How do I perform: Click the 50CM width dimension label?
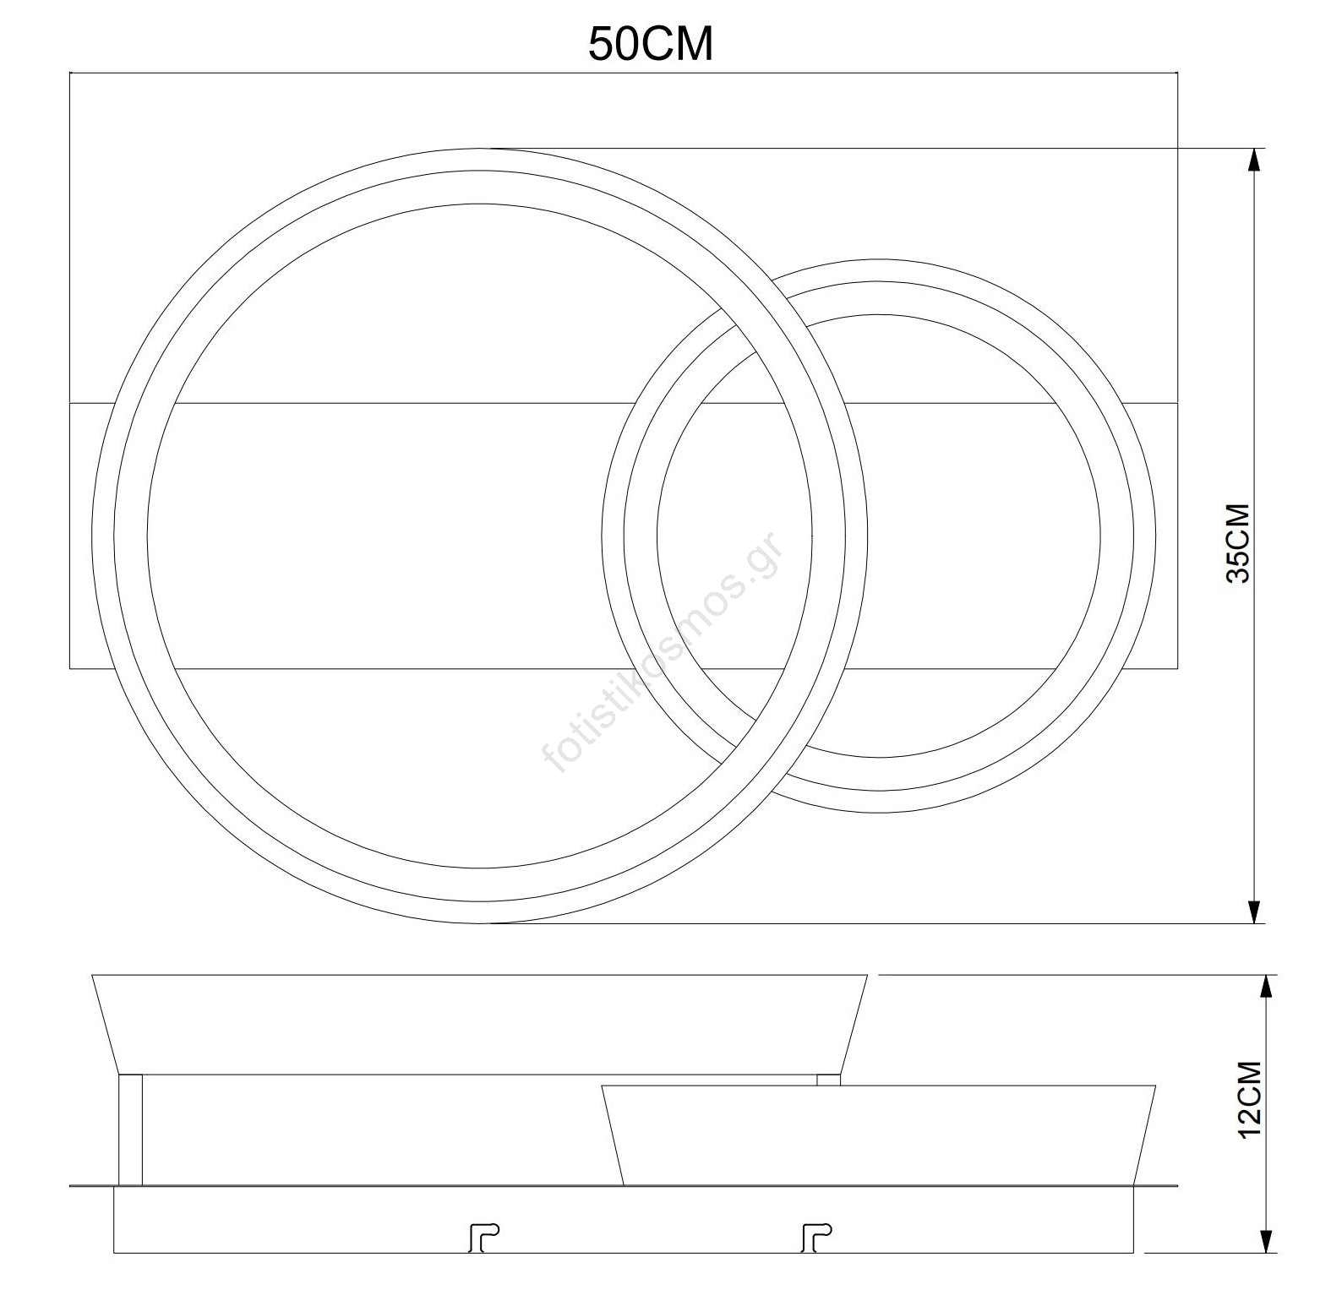(x=651, y=44)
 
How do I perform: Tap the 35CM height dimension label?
(x=1238, y=543)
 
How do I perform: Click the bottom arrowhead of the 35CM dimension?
(x=1255, y=911)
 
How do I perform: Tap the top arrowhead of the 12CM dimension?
(x=1266, y=988)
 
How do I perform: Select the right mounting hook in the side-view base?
(x=816, y=1238)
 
